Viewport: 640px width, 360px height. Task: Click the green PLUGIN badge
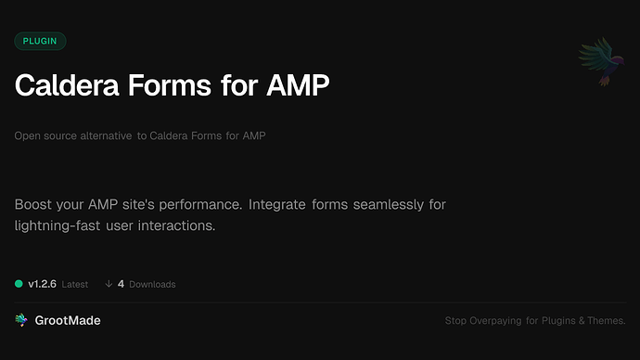pyautogui.click(x=40, y=41)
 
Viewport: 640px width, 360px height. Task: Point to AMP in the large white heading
pyautogui.click(x=296, y=86)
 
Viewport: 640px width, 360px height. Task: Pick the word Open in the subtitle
pyautogui.click(x=26, y=136)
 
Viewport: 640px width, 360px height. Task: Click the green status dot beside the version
pyautogui.click(x=19, y=284)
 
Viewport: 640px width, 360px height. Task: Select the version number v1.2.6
pyautogui.click(x=43, y=284)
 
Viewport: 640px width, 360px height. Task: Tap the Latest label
pyautogui.click(x=75, y=285)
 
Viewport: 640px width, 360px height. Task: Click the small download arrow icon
pyautogui.click(x=109, y=284)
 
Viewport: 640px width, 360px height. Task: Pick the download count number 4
pyautogui.click(x=122, y=284)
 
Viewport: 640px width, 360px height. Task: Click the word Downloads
pyautogui.click(x=152, y=285)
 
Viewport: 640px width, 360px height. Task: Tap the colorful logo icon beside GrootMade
pyautogui.click(x=21, y=320)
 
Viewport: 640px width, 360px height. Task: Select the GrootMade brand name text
pyautogui.click(x=69, y=320)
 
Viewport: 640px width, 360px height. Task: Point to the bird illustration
pyautogui.click(x=600, y=62)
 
